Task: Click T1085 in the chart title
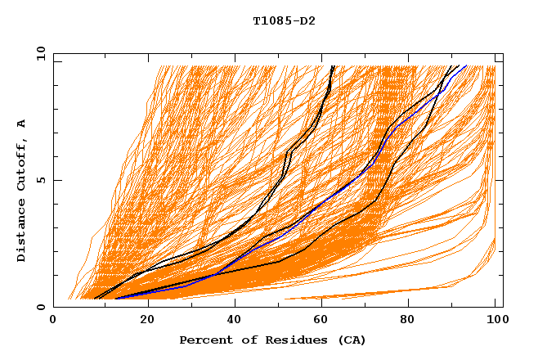click(270, 20)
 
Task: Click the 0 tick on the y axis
click(41, 307)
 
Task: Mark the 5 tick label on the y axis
click(41, 180)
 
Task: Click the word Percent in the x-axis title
click(202, 340)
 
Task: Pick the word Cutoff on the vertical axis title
click(22, 167)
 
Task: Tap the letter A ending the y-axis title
click(22, 124)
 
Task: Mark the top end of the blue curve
click(465, 66)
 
